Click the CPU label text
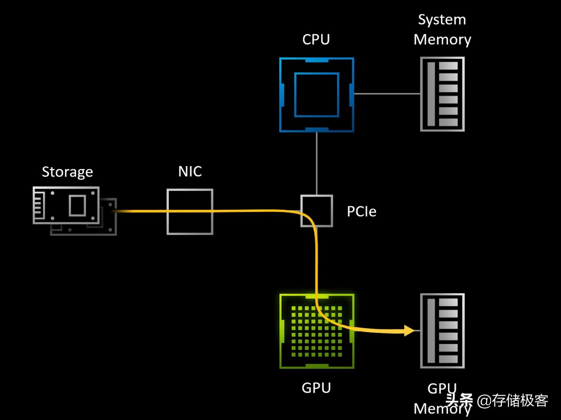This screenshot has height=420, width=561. [316, 39]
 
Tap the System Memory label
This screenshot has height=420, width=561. [442, 30]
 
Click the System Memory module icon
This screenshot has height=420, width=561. [442, 94]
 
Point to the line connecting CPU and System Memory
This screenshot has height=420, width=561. [387, 94]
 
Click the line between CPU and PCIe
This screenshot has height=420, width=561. [317, 163]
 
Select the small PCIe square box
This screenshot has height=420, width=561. [317, 211]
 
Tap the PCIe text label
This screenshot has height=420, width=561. [361, 212]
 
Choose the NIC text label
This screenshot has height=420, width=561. [190, 171]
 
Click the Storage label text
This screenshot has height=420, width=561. [67, 171]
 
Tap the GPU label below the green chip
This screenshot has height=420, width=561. [316, 388]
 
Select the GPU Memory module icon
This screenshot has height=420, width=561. [442, 330]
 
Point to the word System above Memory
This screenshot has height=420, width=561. [442, 20]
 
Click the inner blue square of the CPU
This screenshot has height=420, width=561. [316, 95]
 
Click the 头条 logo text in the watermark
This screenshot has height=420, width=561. [459, 401]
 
